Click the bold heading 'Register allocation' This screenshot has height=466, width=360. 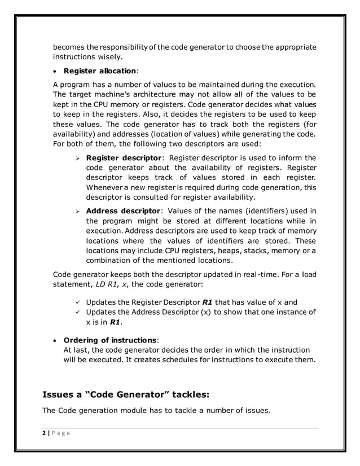(99, 72)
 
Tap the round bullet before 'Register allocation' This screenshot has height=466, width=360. (56, 72)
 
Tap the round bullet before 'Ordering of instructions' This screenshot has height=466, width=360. (56, 341)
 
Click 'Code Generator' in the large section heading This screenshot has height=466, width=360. (131, 394)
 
